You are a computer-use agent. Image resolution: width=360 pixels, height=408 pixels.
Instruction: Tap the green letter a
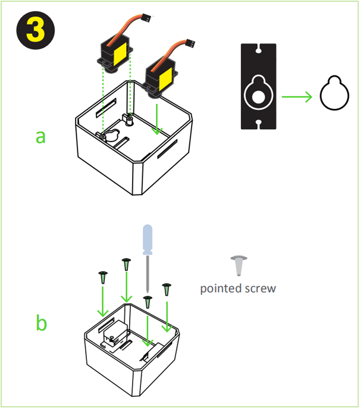[40, 136]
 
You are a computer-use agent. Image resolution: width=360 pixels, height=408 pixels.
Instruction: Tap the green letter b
[41, 324]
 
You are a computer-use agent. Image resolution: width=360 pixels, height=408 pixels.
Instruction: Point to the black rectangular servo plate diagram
[259, 86]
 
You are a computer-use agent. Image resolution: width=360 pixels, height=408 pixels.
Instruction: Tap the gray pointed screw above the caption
[239, 265]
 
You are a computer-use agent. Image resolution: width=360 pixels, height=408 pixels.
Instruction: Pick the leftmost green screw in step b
[102, 277]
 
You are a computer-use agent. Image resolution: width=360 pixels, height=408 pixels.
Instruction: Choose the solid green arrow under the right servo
[157, 119]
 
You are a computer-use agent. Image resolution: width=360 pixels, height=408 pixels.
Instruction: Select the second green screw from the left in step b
[126, 264]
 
